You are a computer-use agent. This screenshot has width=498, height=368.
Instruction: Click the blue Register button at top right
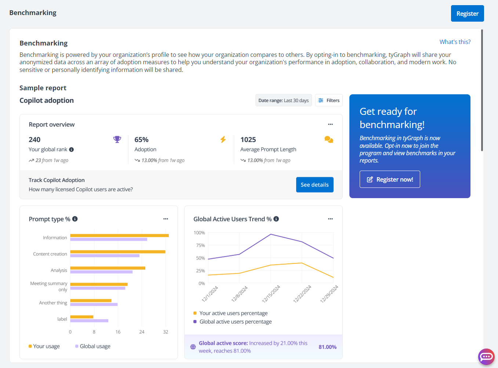pos(467,14)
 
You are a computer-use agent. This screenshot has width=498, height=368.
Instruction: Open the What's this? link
pos(455,42)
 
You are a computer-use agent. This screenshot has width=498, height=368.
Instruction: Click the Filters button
pos(329,101)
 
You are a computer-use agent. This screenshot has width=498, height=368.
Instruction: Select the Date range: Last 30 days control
pos(283,101)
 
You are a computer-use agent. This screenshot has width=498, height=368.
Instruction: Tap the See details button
pos(315,185)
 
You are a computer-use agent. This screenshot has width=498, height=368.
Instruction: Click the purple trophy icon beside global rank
pos(117,139)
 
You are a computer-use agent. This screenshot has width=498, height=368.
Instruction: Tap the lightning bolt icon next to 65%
pos(223,139)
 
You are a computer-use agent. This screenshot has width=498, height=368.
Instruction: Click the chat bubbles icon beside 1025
pos(329,139)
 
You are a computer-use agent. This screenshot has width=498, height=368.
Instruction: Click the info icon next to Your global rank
pos(72,150)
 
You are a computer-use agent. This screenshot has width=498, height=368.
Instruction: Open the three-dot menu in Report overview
pos(330,124)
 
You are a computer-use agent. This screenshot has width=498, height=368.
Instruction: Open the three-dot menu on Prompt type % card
pos(166,219)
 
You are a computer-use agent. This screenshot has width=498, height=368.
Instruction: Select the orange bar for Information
pos(119,236)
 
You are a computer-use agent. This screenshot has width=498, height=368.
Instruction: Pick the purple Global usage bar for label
pos(89,321)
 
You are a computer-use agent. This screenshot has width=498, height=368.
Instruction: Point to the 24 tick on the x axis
pos(142,332)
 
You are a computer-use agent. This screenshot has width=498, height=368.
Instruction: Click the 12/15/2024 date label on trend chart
pos(271,294)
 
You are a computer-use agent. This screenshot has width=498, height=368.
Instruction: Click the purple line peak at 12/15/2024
pos(271,234)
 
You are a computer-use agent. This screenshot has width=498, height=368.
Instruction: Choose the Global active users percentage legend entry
pos(235,322)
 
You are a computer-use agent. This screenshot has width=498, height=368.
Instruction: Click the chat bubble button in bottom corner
pos(486,357)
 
